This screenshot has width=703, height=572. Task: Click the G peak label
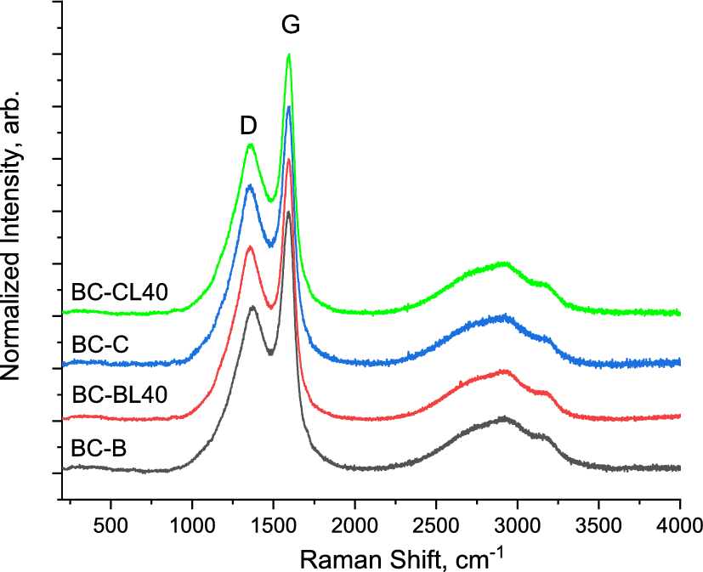291,25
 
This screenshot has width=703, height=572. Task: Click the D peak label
248,126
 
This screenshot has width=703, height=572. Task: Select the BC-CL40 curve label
119,292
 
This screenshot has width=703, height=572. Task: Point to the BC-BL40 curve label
119,394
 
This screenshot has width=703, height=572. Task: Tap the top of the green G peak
289,55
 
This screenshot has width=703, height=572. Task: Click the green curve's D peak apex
250,144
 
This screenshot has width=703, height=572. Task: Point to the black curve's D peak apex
252,307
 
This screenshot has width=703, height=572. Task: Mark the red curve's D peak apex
250,247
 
